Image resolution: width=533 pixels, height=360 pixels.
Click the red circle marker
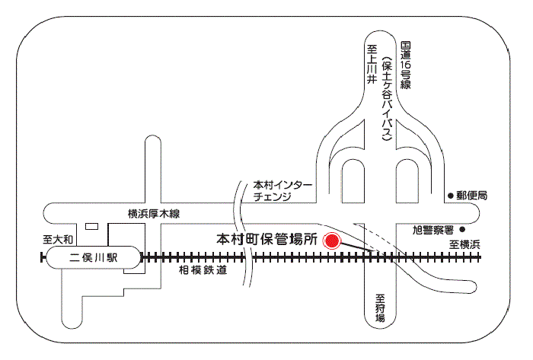[x=331, y=241]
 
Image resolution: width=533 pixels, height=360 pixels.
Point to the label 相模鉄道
[x=203, y=269]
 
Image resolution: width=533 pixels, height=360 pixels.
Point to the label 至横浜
[x=464, y=244]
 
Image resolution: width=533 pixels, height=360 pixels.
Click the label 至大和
[x=58, y=239]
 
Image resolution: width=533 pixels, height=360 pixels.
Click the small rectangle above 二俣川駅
[x=92, y=226]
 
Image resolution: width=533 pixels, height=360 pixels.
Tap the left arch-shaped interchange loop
[x=353, y=180]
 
